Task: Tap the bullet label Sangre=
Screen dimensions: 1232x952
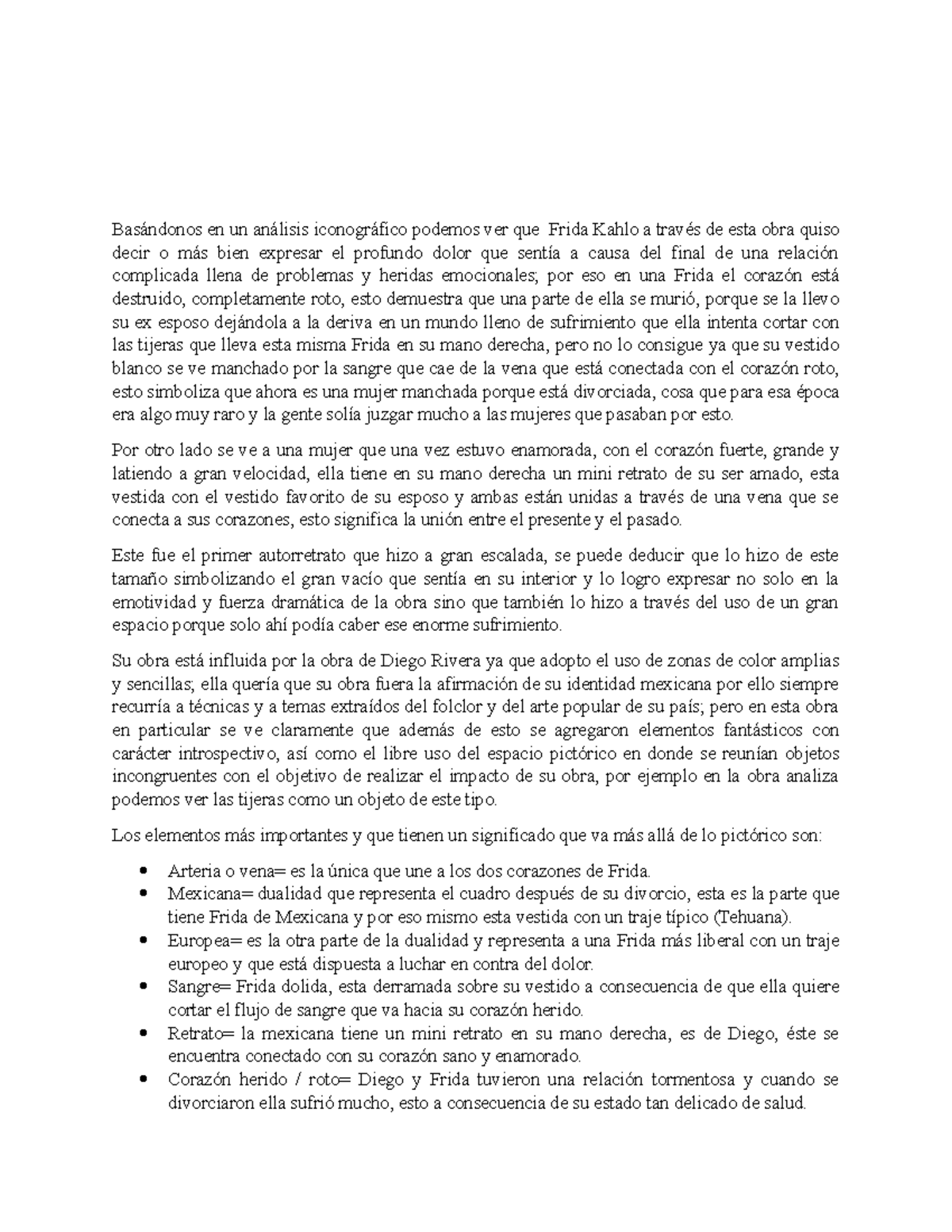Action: (x=193, y=988)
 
